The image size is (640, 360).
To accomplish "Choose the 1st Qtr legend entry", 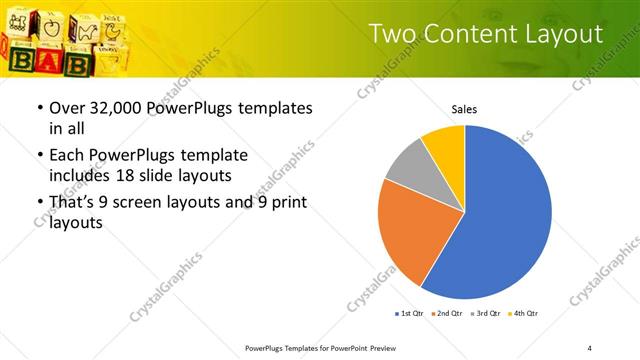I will pyautogui.click(x=411, y=314).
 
